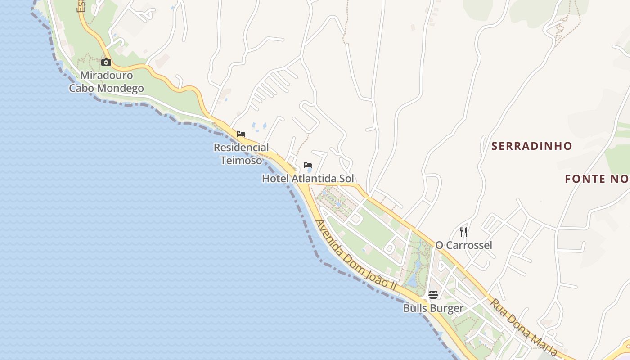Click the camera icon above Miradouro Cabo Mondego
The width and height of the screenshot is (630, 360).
(x=106, y=63)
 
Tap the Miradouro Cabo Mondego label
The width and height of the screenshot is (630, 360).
(x=106, y=81)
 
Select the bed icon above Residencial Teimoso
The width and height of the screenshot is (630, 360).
(x=241, y=134)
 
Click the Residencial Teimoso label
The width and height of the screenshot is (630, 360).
(x=241, y=153)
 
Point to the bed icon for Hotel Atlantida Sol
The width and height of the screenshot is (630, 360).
(x=308, y=165)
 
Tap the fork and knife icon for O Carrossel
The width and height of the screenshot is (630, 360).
(x=463, y=232)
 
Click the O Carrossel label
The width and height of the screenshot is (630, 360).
(x=463, y=245)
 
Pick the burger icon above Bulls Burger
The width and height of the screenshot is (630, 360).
(x=433, y=295)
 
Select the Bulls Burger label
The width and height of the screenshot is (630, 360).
(x=433, y=308)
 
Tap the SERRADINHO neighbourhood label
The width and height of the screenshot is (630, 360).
(x=531, y=146)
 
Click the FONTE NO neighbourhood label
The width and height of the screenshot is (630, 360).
(x=597, y=179)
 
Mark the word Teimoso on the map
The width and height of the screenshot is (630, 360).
(x=241, y=160)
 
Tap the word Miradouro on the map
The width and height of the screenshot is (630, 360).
(x=106, y=75)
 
